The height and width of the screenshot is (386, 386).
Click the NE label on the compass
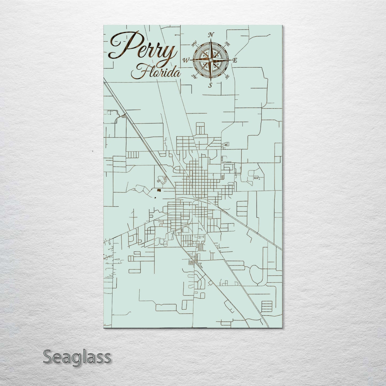(x=228, y=44)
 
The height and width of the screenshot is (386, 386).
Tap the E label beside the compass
(x=235, y=60)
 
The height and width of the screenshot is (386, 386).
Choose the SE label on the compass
(x=228, y=77)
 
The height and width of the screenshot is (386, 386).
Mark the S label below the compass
(x=210, y=85)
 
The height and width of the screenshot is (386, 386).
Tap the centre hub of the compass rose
(x=211, y=60)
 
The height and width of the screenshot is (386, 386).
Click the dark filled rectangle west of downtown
(x=159, y=190)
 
